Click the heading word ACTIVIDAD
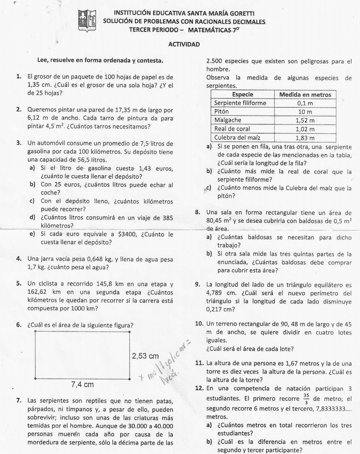tap(184, 46)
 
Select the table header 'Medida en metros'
tap(305, 95)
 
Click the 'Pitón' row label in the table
tap(222, 112)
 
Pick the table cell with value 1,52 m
tap(305, 120)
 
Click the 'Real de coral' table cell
tap(232, 129)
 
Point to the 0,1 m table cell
tap(305, 103)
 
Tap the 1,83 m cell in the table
tap(305, 138)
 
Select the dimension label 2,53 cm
tap(145, 356)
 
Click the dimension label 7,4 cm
tap(82, 384)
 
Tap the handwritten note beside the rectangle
tap(166, 364)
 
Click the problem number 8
tap(198, 212)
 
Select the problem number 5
tap(19, 284)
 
